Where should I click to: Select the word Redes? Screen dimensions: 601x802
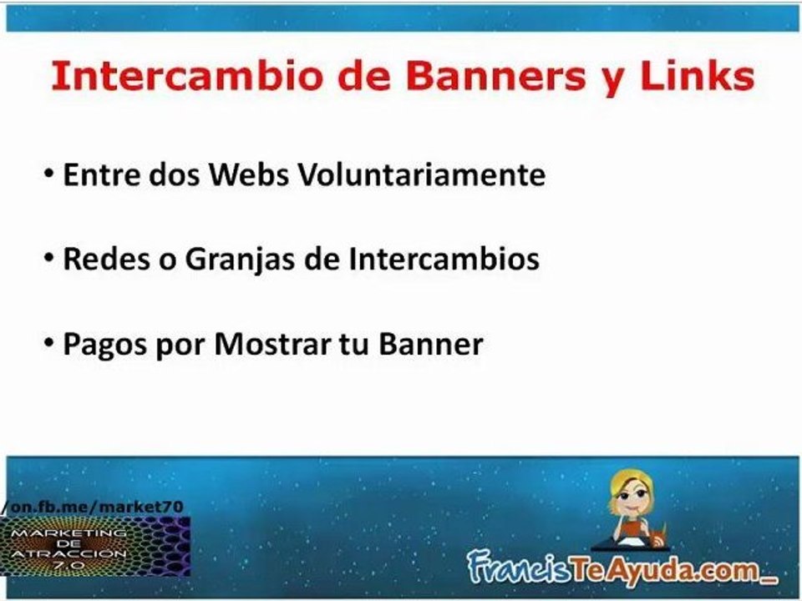pos(97,259)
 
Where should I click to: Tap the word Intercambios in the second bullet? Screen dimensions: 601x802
pos(444,259)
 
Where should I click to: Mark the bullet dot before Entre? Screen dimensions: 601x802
pos(49,176)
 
